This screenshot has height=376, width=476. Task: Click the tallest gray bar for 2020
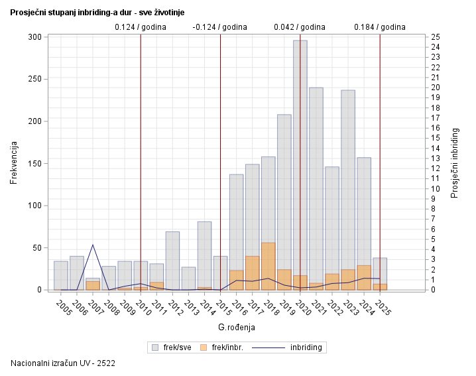point(300,153)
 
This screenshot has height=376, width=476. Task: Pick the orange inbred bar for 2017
point(253,272)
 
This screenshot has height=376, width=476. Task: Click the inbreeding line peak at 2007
point(93,245)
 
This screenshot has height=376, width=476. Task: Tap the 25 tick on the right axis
point(436,37)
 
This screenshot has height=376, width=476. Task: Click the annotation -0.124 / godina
point(219,27)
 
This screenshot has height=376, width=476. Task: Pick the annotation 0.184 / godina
point(379,27)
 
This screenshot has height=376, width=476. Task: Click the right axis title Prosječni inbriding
point(455,163)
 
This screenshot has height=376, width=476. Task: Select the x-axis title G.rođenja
point(236,327)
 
